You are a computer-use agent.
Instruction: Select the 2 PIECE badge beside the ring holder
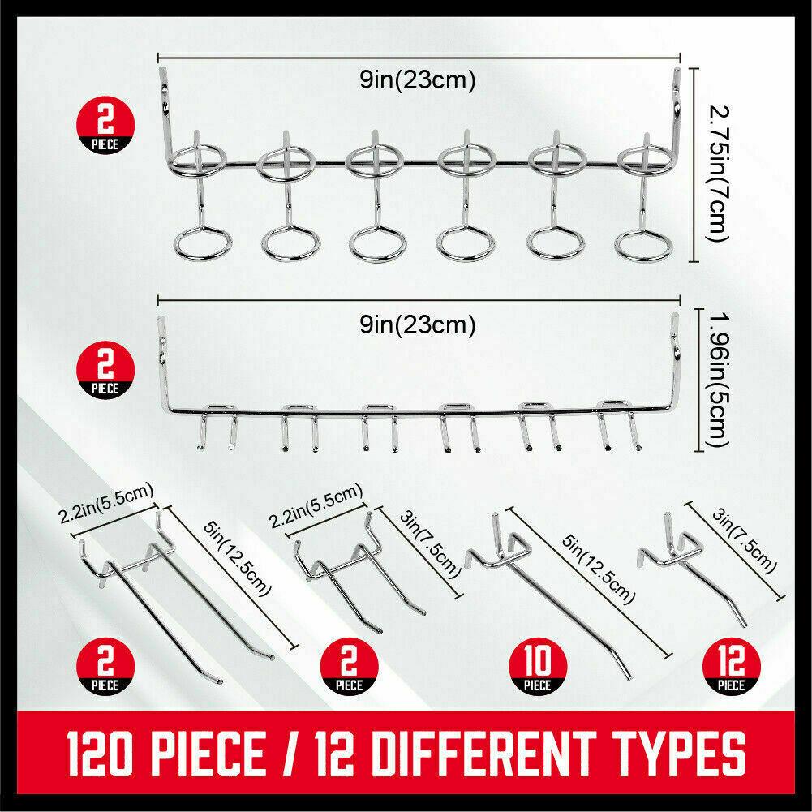105,127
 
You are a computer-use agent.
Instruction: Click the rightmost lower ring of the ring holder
642,241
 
